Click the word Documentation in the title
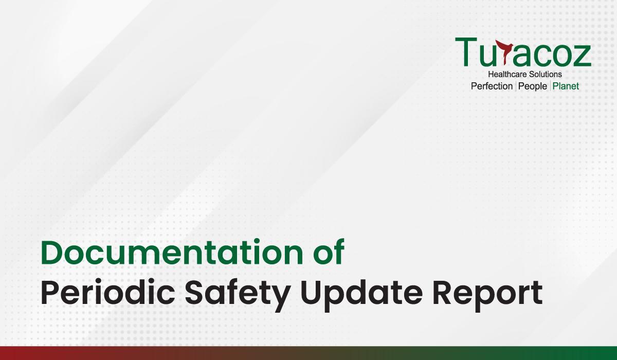point(172,253)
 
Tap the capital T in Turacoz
point(466,52)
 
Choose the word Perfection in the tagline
point(492,86)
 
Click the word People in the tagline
point(533,87)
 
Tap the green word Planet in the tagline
point(566,86)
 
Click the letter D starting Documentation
point(53,253)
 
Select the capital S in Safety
point(196,292)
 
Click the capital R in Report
point(443,292)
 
